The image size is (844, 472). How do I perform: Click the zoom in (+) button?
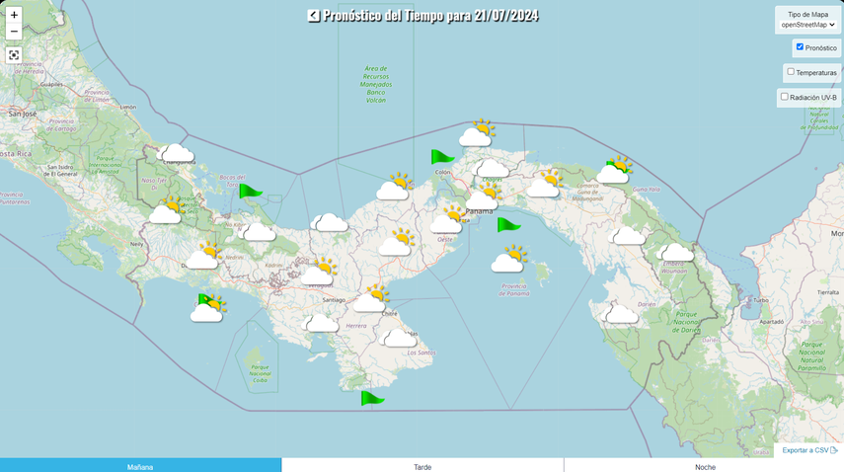click(x=14, y=15)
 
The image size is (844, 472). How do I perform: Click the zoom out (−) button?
click(x=14, y=32)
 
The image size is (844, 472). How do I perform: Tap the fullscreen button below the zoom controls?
click(x=14, y=54)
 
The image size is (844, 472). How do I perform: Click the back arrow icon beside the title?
click(x=313, y=15)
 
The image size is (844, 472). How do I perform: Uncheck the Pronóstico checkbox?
click(x=800, y=46)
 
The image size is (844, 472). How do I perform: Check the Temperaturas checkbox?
click(x=791, y=71)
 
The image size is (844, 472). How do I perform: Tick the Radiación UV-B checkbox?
click(x=785, y=97)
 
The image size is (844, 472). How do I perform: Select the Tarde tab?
click(x=422, y=466)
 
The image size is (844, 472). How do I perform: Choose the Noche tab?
click(x=704, y=466)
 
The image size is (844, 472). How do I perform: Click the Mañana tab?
click(x=140, y=466)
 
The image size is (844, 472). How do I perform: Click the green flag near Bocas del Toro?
click(x=249, y=191)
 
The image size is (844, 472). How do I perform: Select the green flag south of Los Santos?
click(x=370, y=398)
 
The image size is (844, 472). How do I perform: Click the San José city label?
click(x=22, y=114)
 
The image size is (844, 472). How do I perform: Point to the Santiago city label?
click(x=334, y=300)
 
